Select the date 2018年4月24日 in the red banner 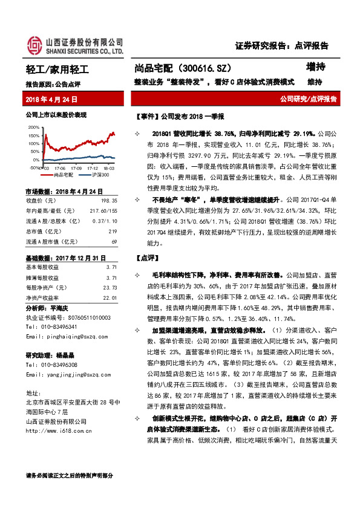(49, 99)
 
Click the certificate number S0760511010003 (80, 317)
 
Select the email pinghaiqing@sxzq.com (72, 339)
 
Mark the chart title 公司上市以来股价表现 (56, 114)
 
